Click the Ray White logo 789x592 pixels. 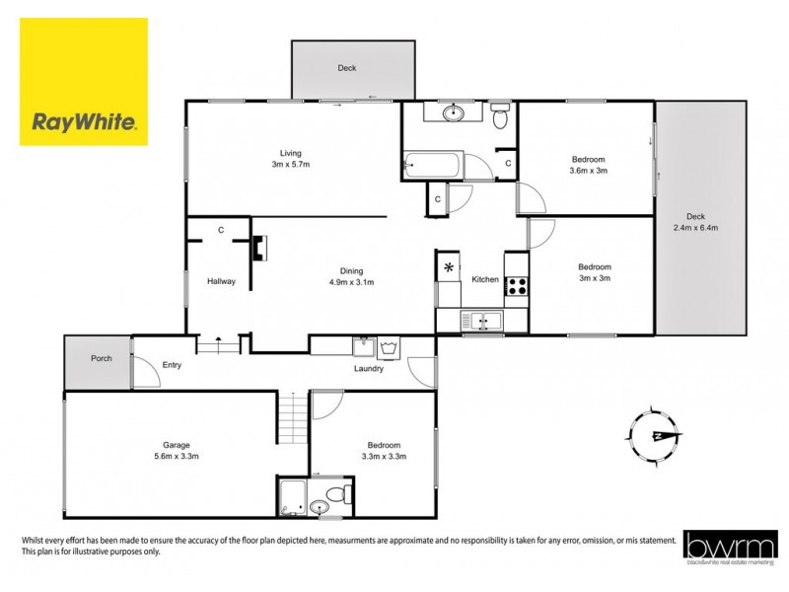(x=84, y=82)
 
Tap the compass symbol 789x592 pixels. (x=654, y=435)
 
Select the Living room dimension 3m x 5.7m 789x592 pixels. (x=291, y=165)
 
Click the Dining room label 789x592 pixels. (x=352, y=271)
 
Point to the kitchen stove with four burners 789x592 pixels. (x=516, y=286)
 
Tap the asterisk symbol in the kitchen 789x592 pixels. (x=450, y=267)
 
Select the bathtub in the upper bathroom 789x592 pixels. (x=432, y=164)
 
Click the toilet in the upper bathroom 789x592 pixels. (x=500, y=117)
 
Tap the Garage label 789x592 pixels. (x=177, y=445)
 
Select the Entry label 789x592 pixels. (x=173, y=365)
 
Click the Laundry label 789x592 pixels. (x=369, y=370)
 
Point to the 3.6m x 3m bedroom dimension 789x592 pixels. (x=588, y=171)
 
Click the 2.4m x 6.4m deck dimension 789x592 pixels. (x=696, y=228)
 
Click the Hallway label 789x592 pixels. (x=221, y=281)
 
